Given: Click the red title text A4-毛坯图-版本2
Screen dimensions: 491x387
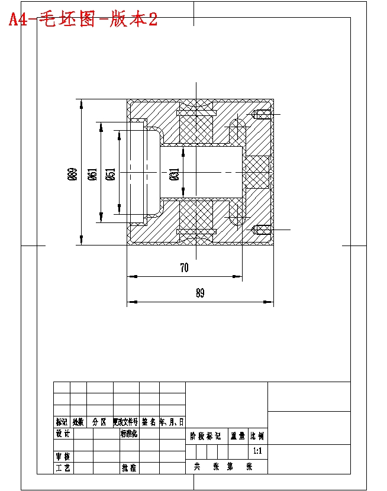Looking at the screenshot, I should tap(83, 20).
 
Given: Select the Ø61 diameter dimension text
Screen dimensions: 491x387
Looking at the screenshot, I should tap(92, 175).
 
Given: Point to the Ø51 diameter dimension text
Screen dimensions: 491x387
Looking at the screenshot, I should tap(111, 175).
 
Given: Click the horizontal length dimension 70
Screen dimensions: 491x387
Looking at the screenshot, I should tap(184, 268).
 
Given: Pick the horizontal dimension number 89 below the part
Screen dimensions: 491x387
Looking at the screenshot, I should tap(199, 293).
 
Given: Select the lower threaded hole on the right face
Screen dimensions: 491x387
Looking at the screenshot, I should tap(260, 229).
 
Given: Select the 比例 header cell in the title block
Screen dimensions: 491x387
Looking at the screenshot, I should tap(257, 437).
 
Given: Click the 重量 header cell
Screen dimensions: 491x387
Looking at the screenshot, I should tap(238, 437).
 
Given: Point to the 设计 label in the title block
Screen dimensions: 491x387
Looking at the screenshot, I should tap(63, 434).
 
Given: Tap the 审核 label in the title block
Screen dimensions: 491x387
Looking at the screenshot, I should tap(63, 457).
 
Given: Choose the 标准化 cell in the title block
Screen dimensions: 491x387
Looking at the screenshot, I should tap(129, 434).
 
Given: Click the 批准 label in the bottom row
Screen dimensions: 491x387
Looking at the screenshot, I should tap(129, 468).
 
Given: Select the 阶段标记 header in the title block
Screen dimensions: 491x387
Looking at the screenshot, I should tap(205, 437).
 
